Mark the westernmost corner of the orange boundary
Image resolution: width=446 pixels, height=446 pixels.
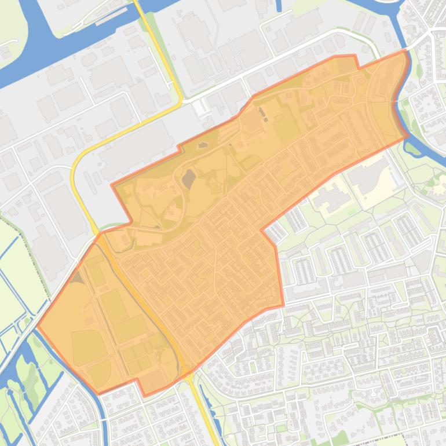tap(38, 326)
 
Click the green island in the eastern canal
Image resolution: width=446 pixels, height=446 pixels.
tap(412, 147)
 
